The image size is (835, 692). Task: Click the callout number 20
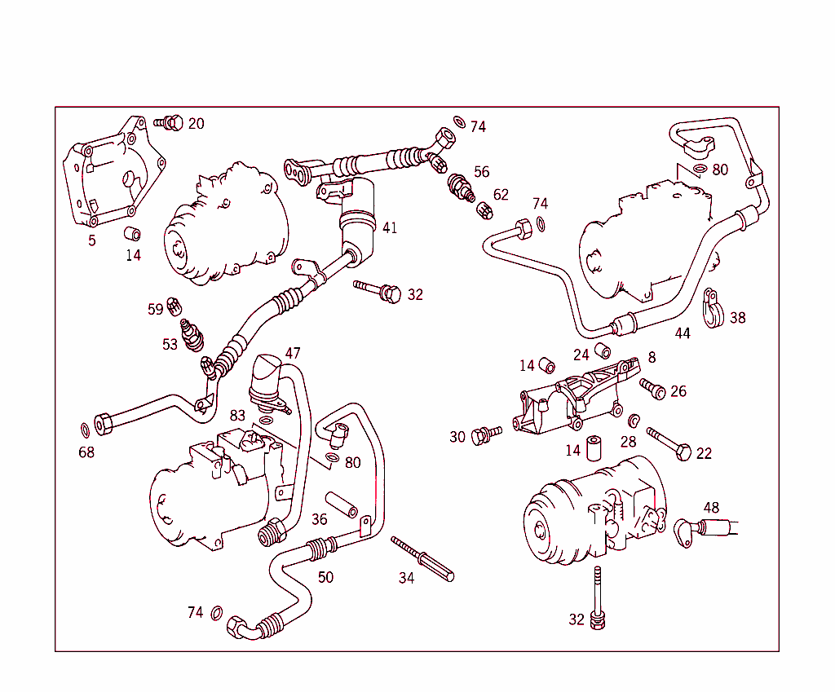[x=196, y=124]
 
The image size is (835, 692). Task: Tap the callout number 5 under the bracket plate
[x=91, y=240]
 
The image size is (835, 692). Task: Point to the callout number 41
[x=390, y=228]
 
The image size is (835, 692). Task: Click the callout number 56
[x=482, y=172]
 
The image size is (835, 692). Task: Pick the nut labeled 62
[x=483, y=209]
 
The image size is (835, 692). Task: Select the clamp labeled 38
[x=712, y=311]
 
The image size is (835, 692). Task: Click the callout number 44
[x=683, y=333]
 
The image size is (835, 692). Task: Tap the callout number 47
[x=292, y=354]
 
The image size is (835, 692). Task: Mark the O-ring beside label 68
[x=86, y=430]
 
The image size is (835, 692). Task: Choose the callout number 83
[x=237, y=416]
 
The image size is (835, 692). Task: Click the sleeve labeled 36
[x=342, y=505]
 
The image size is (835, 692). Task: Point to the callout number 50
[x=325, y=577]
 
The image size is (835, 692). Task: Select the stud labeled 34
[x=422, y=559]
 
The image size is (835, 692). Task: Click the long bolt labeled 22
[x=669, y=441]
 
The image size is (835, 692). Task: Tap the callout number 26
[x=678, y=392]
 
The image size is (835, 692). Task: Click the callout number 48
[x=711, y=508]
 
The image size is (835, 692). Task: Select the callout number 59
[x=155, y=310]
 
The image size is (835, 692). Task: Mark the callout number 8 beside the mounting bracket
[x=652, y=357]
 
